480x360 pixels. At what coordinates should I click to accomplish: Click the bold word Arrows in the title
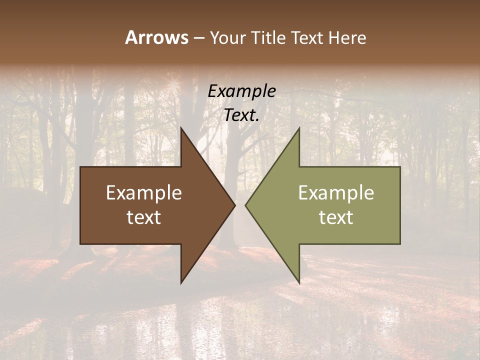coord(156,37)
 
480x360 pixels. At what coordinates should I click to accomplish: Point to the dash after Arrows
coord(198,38)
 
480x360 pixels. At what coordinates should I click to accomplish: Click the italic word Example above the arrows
coord(241,91)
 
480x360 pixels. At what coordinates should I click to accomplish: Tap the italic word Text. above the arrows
coord(241,115)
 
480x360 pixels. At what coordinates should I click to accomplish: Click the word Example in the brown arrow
coord(143,192)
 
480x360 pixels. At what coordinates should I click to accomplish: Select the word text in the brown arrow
coord(143,217)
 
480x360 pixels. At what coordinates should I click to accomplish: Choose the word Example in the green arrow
coord(336,192)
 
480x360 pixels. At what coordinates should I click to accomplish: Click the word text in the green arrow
coord(336,217)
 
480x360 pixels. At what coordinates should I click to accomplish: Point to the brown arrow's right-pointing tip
coord(235,205)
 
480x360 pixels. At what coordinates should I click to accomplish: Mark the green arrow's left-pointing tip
coord(245,205)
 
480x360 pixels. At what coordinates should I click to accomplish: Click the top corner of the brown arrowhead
coord(181,128)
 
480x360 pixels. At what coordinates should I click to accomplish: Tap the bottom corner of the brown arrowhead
coord(181,283)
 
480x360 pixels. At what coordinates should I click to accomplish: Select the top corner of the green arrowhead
coord(299,128)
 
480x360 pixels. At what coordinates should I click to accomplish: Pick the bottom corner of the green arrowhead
coord(299,283)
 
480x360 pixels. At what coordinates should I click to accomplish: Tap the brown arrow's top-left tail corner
coord(80,167)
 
